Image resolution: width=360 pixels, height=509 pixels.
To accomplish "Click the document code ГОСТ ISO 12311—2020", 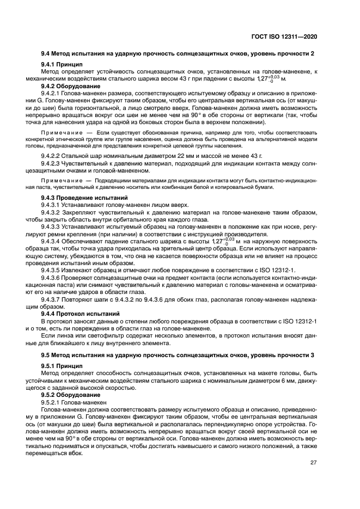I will pos(290,36).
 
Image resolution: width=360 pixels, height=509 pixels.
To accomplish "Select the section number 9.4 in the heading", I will pos(46,53).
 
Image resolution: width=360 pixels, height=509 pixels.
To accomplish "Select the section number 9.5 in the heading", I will pos(46,355).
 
